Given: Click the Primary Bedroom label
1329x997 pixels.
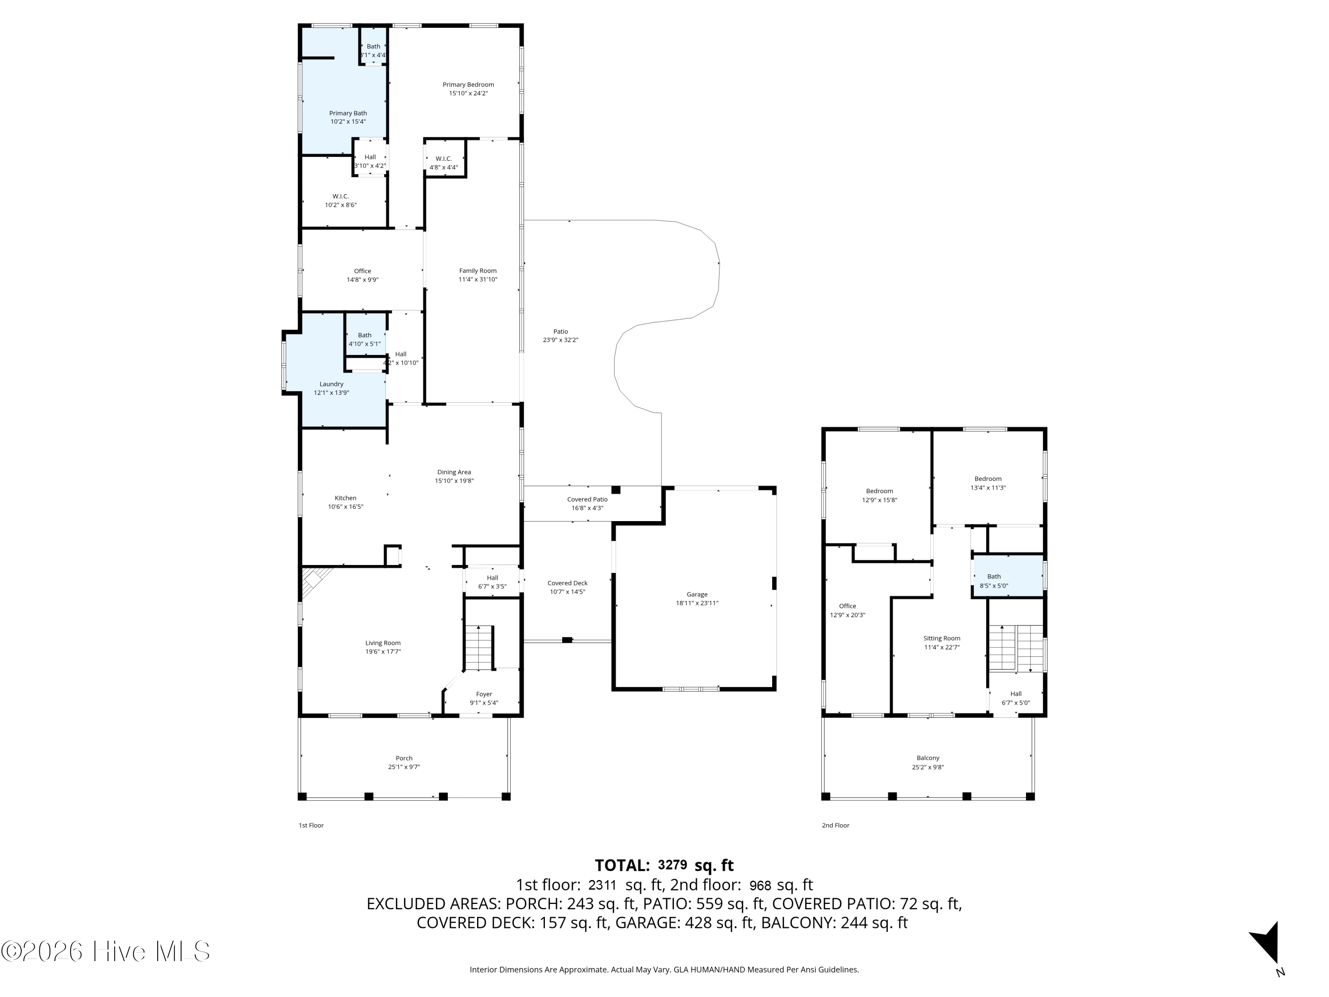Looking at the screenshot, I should tap(468, 85).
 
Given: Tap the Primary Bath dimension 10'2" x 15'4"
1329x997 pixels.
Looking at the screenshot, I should tap(348, 122).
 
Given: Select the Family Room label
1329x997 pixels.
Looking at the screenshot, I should tap(478, 271).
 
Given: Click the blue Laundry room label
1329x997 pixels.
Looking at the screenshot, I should tap(331, 384).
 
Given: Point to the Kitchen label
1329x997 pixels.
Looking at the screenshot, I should tap(346, 498).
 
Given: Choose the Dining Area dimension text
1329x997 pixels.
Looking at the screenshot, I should tap(454, 481).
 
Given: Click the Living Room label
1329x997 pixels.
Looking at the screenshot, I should tap(383, 643).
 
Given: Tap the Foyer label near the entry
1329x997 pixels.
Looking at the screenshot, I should tap(484, 694).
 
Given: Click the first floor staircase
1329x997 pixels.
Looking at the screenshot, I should tap(479, 648).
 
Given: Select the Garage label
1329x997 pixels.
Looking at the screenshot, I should tap(697, 594).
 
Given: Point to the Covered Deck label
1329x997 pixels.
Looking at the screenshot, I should tap(567, 583).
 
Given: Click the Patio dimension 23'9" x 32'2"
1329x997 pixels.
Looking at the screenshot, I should tap(560, 340).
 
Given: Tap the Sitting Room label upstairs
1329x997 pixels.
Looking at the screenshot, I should tap(941, 638).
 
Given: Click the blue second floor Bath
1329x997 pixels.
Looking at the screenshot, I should tap(1007, 577).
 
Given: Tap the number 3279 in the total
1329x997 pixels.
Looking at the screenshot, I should tap(672, 865).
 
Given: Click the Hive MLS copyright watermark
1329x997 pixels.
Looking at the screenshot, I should tap(106, 951).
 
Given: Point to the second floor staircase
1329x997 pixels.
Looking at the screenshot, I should tap(1015, 648).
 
